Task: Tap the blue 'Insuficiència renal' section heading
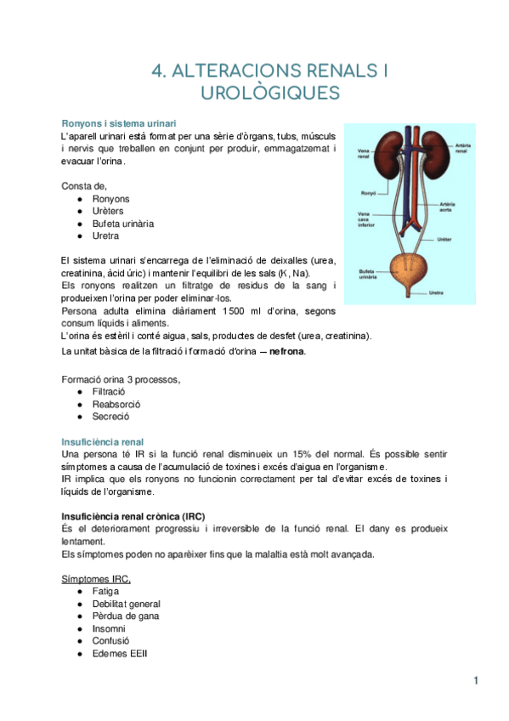pyautogui.click(x=103, y=442)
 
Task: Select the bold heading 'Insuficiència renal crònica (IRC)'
pyautogui.click(x=133, y=516)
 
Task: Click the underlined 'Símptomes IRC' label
pyautogui.click(x=96, y=578)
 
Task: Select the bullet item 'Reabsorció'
pyautogui.click(x=116, y=404)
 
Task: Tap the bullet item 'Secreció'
pyautogui.click(x=110, y=417)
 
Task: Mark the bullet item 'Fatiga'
pyautogui.click(x=106, y=591)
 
